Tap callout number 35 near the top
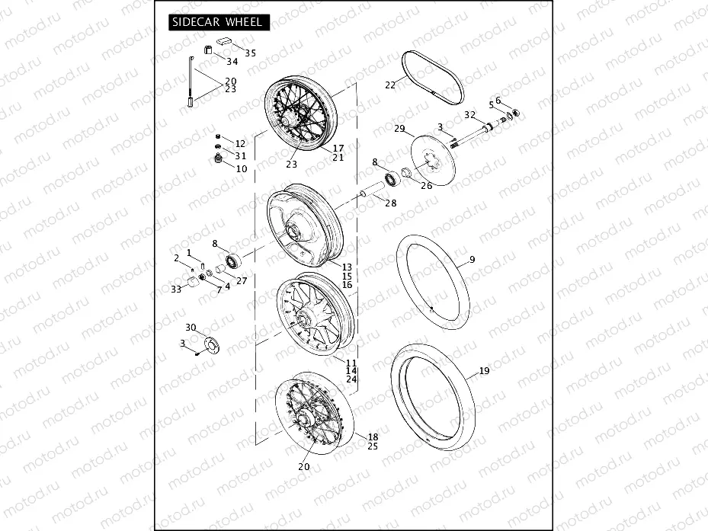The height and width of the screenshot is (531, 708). (250, 53)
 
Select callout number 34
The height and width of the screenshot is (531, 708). (232, 61)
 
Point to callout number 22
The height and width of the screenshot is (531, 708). (390, 85)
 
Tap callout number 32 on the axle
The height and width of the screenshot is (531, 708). (470, 114)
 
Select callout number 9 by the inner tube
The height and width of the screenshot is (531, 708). (472, 260)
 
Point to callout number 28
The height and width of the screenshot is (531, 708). (390, 203)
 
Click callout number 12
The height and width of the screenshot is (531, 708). (240, 143)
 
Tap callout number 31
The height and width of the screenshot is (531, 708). (240, 155)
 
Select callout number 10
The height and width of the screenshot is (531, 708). (241, 168)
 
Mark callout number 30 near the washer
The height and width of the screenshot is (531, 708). (191, 328)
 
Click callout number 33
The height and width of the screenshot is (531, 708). (176, 289)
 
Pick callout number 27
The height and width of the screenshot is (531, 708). (242, 280)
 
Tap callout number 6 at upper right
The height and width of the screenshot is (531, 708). (498, 101)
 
